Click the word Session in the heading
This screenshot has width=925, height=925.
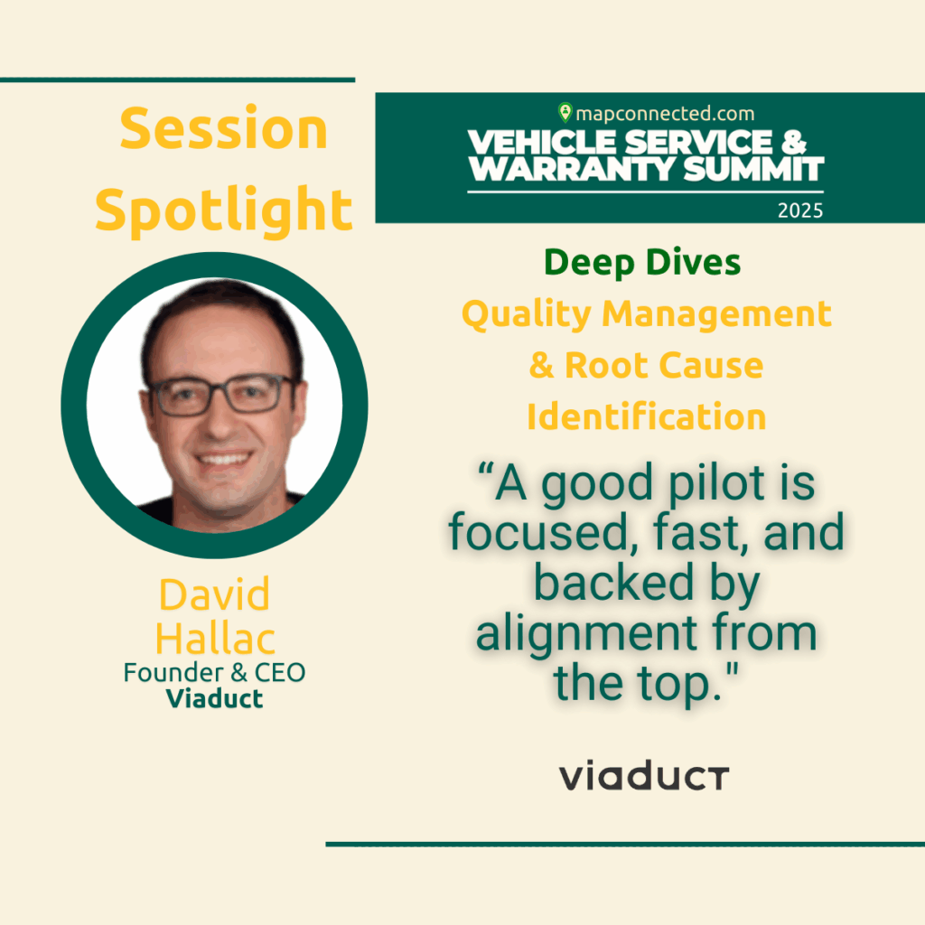tap(224, 127)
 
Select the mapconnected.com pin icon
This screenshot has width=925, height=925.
tap(565, 112)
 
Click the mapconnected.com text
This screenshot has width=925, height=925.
tap(665, 113)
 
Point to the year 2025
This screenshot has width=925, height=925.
tap(800, 210)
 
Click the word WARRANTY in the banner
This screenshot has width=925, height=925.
tap(572, 169)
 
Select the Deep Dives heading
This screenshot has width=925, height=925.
tap(642, 263)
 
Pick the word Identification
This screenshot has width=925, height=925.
tap(647, 416)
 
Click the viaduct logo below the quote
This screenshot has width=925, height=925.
tap(644, 776)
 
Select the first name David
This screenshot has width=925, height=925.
tap(214, 594)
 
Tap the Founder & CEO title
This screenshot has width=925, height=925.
tap(214, 672)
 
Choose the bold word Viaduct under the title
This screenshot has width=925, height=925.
tap(214, 699)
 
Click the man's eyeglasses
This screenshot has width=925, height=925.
tap(222, 394)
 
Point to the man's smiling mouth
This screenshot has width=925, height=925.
tap(224, 459)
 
